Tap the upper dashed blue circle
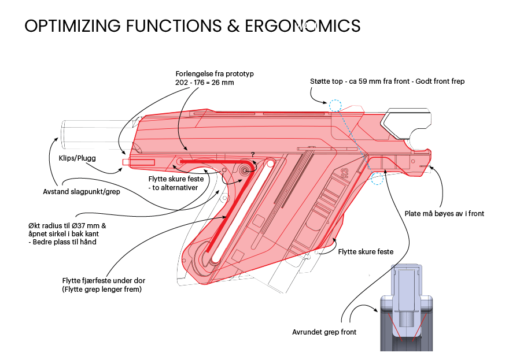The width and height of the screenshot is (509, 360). click(335, 105)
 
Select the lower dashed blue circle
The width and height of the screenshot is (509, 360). click(378, 177)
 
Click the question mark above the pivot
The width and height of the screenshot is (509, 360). click(252, 154)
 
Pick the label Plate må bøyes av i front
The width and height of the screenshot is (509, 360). click(444, 214)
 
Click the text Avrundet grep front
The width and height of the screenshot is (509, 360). click(324, 332)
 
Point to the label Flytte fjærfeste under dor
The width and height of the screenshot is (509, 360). click(104, 281)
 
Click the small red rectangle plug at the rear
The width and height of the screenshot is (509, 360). click(125, 162)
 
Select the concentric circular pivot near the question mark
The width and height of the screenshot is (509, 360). click(245, 170)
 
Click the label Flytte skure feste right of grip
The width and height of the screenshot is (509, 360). click(366, 251)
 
